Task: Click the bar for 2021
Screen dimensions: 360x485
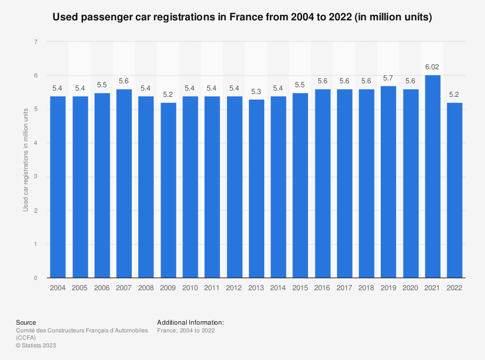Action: [x=433, y=177]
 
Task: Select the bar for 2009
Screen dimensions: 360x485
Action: [x=168, y=190]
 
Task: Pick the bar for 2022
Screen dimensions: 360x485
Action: [x=454, y=190]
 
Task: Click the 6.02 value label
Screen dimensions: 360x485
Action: [x=433, y=67]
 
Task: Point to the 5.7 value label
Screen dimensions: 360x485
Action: [x=388, y=78]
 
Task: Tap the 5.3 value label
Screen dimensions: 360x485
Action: [x=257, y=92]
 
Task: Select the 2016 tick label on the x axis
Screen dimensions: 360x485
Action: [x=323, y=287]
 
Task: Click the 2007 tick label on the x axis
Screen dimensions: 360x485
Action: [x=124, y=287]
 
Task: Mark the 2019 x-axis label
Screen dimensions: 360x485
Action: [x=388, y=287]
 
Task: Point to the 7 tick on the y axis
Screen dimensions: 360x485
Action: [x=36, y=42]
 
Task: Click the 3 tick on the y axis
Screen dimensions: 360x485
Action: [x=36, y=177]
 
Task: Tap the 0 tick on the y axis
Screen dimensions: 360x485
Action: [x=36, y=278]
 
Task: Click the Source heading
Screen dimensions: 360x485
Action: [x=26, y=322]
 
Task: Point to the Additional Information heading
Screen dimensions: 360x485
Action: [x=191, y=322]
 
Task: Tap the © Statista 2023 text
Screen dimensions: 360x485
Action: [x=36, y=345]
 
